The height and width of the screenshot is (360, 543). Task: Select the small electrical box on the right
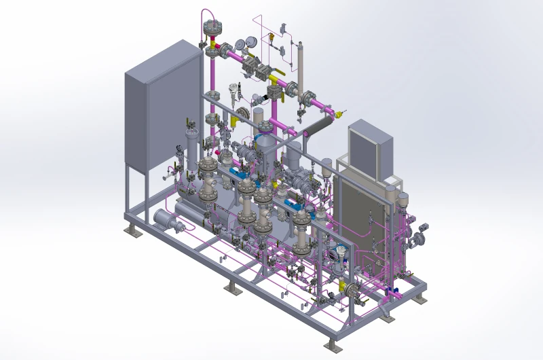coord(371,145)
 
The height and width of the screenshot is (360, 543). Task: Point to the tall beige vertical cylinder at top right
coord(301,64)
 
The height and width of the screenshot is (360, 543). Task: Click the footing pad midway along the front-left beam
coord(233,288)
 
